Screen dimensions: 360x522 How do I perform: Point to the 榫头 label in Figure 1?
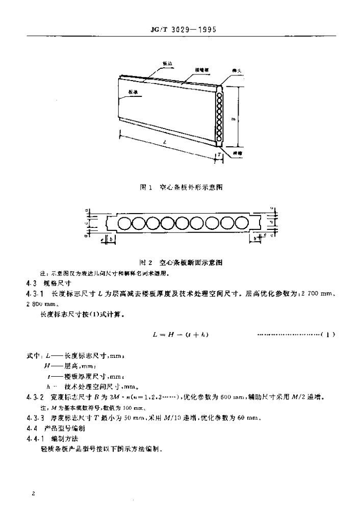point(236,73)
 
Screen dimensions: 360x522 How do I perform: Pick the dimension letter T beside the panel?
point(219,153)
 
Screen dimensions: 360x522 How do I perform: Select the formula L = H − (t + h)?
point(182,334)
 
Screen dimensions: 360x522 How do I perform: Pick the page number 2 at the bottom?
point(33,494)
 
